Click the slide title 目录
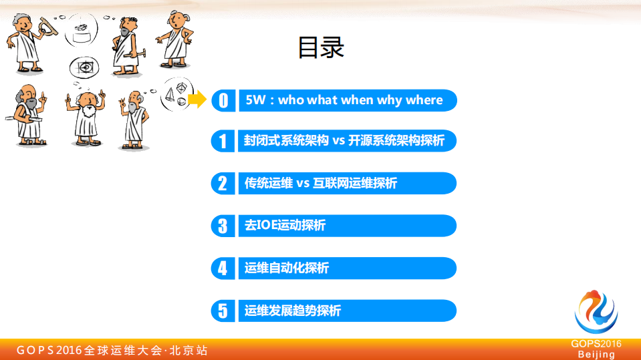click(321, 47)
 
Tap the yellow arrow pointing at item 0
click(197, 100)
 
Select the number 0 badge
click(223, 100)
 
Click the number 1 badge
click(223, 141)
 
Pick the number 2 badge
click(223, 183)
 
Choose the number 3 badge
click(223, 226)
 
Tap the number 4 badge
click(223, 268)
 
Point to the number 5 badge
click(223, 311)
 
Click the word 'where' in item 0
click(424, 100)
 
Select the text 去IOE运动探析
click(285, 226)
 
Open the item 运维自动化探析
click(287, 268)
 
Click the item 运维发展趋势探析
click(293, 311)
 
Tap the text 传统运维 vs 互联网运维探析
click(321, 183)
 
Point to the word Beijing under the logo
click(596, 354)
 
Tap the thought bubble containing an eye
click(85, 67)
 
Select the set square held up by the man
click(47, 25)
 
